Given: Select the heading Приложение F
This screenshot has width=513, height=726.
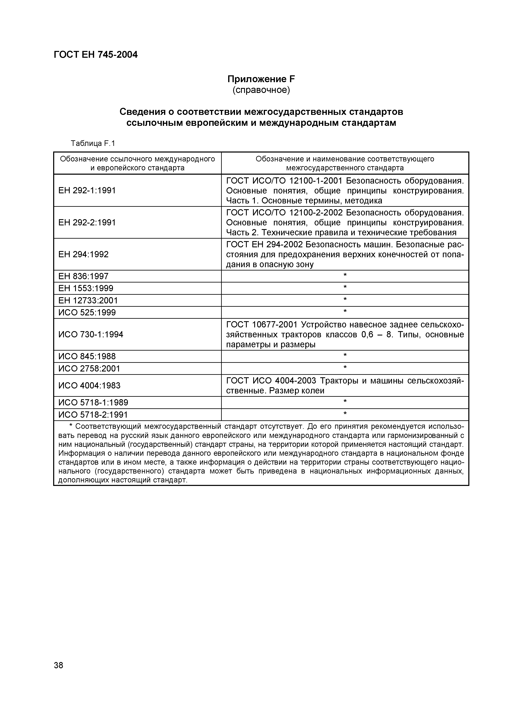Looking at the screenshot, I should coord(261,79).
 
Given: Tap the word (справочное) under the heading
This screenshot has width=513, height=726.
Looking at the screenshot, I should coord(261,90).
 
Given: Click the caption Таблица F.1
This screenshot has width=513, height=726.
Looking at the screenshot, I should coord(93,144).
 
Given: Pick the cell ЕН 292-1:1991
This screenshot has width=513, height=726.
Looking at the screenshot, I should coord(87,190).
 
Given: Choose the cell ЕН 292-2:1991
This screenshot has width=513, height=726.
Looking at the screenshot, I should coord(87,223).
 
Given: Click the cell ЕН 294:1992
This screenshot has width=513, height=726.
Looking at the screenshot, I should coord(83,254).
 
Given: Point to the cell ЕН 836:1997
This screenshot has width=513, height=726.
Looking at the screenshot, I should coord(83,276).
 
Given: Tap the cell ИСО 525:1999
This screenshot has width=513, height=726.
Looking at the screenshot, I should coord(87,313).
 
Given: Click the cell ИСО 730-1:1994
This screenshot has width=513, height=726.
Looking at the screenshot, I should coord(91,334).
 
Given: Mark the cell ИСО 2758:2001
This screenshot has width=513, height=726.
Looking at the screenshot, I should coord(89,368).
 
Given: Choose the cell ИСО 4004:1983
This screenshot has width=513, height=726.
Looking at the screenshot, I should coord(89,385).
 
